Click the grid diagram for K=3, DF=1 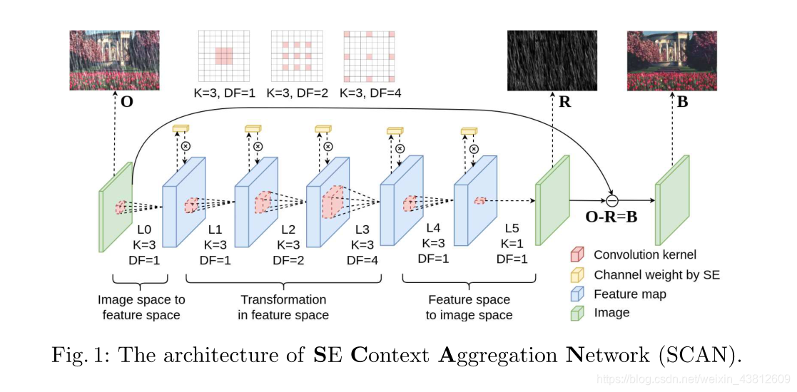click(223, 56)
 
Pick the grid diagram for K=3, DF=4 click(368, 56)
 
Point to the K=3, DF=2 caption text click(297, 93)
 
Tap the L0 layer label click(144, 230)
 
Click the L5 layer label click(512, 229)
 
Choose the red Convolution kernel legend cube click(577, 254)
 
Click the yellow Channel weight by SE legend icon click(577, 274)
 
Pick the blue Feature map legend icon click(577, 294)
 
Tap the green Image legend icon click(577, 312)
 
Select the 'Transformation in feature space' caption click(283, 307)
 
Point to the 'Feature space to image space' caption click(469, 307)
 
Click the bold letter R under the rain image click(565, 101)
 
